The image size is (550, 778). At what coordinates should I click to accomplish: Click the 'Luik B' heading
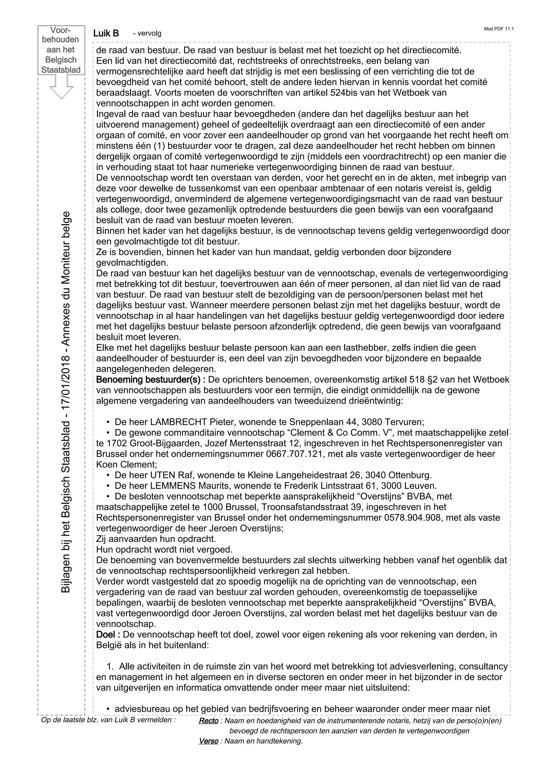106,33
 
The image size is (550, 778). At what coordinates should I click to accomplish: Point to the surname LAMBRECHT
179,422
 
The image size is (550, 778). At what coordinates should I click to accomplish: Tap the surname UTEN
162,475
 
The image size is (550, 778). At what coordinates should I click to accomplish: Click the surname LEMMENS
173,486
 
